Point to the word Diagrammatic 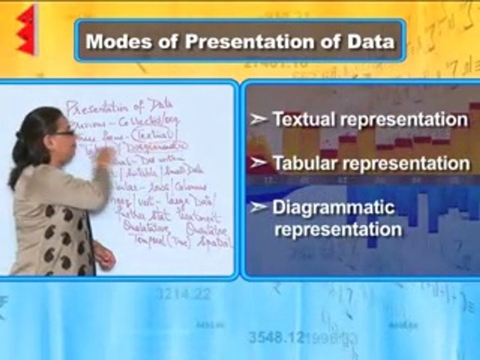(333, 207)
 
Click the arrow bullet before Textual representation (258, 120)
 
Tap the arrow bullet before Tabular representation (258, 163)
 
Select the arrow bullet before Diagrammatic (258, 207)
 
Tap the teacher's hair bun (18, 136)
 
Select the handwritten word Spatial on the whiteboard (216, 243)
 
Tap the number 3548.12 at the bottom (276, 337)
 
